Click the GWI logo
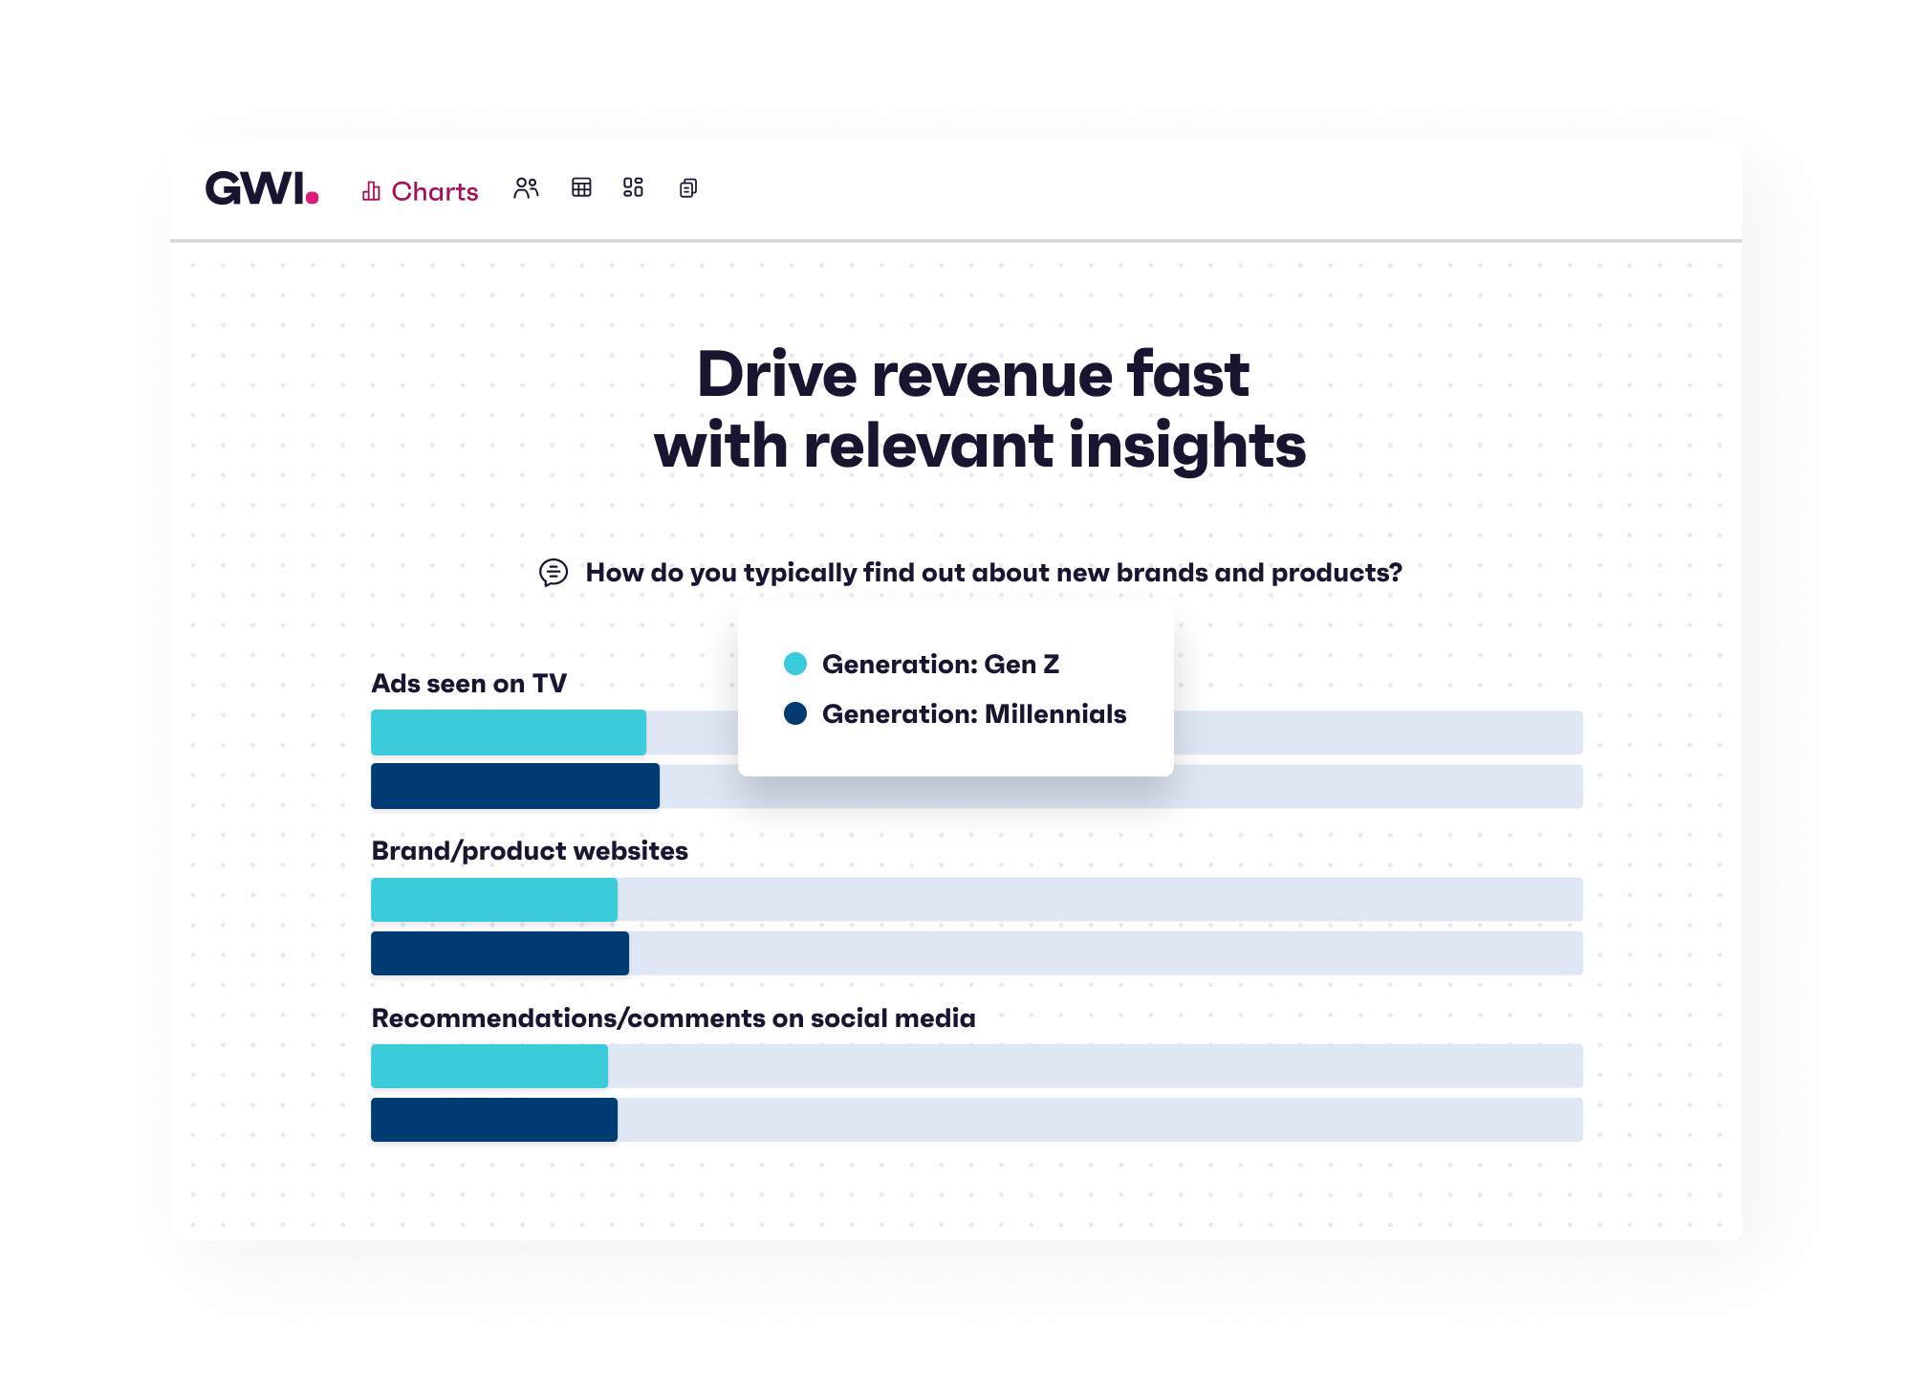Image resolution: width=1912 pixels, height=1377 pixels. coord(261,188)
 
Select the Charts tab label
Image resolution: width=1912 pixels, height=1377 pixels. coord(434,191)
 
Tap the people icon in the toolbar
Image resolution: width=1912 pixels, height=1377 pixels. coord(526,187)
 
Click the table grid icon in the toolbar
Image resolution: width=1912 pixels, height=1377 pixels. coord(581,187)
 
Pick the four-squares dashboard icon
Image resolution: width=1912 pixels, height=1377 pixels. coord(633,187)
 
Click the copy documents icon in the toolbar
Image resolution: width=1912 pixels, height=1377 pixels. coord(688,188)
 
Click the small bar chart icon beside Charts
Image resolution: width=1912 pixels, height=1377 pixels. coord(371,191)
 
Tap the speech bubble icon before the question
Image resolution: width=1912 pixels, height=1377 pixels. coord(554,572)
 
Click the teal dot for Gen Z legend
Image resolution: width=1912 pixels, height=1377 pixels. coord(795,664)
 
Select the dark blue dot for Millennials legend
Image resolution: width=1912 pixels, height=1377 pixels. coord(795,713)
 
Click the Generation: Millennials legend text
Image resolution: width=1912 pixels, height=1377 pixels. coord(973,714)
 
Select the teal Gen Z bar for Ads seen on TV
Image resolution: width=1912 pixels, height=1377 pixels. coord(508,732)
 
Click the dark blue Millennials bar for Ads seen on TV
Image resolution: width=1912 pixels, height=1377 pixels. coord(514,786)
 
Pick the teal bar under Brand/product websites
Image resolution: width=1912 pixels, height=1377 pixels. coord(493,900)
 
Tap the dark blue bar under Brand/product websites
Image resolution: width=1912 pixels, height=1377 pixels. coord(499,953)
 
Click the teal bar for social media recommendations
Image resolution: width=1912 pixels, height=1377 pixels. coord(489,1066)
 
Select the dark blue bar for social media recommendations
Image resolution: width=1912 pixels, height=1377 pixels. coord(493,1120)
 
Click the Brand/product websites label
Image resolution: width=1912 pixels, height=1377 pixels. coord(529,851)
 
